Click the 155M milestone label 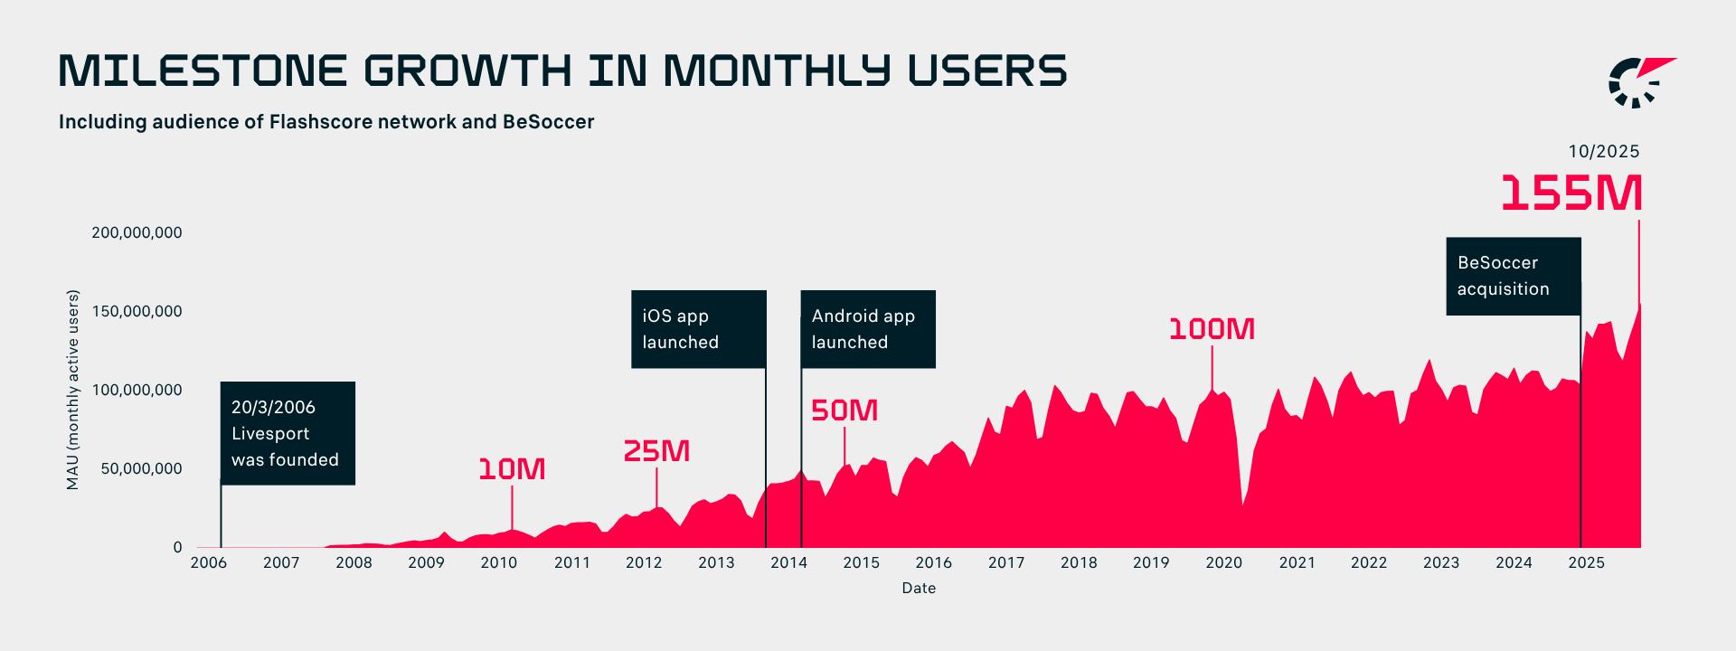[1571, 193]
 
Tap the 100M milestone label [1212, 329]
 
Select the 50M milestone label [844, 410]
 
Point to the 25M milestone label [656, 451]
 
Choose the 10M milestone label [512, 469]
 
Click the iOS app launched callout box [699, 329]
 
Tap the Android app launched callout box [868, 329]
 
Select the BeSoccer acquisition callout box [1514, 276]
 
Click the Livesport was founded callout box [288, 433]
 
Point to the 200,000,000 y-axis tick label [137, 232]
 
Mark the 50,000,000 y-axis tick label [141, 468]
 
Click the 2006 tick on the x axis [209, 562]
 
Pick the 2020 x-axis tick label [1223, 562]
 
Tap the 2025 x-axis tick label [1586, 562]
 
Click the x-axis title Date [919, 588]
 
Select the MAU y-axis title [73, 390]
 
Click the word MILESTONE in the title [203, 71]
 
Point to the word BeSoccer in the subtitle [548, 122]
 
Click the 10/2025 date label [1603, 152]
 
